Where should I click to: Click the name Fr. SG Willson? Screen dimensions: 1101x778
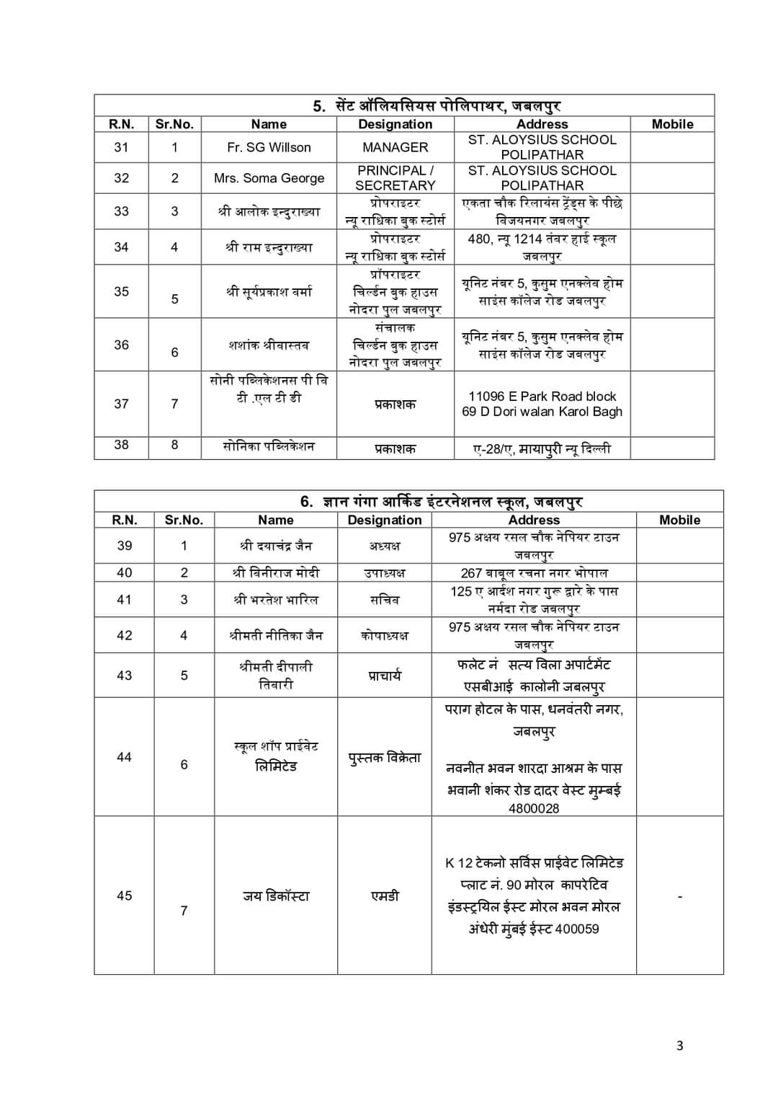coord(269,147)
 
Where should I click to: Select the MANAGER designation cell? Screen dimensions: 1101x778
coord(395,147)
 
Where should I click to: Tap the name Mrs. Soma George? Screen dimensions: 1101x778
coord(269,178)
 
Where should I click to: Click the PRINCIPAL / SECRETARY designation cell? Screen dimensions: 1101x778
coord(395,178)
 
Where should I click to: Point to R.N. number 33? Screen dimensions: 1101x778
coord(121,211)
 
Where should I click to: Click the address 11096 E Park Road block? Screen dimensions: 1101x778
coord(542,397)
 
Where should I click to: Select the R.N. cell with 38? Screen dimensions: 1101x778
coord(121,445)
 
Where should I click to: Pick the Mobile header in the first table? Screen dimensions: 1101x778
coord(672,124)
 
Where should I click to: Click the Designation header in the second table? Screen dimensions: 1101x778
coord(385,520)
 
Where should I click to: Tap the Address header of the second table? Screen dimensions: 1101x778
coord(534,520)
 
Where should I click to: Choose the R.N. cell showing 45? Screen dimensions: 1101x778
coord(125,896)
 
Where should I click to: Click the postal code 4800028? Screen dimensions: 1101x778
coord(534,808)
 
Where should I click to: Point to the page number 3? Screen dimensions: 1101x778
coord(679,1045)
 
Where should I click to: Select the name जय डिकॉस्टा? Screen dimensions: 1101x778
coord(276,896)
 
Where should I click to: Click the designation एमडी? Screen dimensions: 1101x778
coord(385,896)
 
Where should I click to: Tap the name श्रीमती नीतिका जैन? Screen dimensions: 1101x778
coord(276,635)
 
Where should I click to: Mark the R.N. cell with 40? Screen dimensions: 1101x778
coord(125,572)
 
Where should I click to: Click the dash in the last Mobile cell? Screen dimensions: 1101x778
coord(680,896)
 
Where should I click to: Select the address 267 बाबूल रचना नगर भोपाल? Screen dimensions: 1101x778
coord(534,573)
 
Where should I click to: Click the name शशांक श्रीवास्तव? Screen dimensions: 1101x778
coord(269,345)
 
